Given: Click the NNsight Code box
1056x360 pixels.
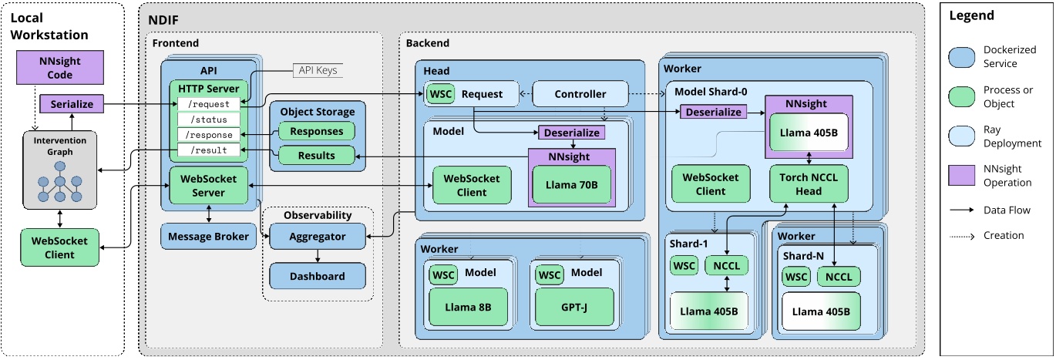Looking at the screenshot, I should (60, 68).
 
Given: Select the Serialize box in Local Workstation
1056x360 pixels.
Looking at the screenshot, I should (72, 104).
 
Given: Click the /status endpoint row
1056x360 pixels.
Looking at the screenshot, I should (208, 119).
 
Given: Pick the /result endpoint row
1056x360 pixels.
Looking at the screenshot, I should (208, 150).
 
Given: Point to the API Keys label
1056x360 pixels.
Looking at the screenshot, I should (317, 71).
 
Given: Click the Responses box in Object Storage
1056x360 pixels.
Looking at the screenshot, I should (316, 131).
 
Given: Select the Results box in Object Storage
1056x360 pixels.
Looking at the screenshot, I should (316, 156).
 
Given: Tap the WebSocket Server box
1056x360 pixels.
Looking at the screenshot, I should (208, 185).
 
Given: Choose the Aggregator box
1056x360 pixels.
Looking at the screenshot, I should (318, 237).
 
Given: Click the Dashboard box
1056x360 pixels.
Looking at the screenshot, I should (318, 276).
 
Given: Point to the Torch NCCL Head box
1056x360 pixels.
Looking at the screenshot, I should (808, 184).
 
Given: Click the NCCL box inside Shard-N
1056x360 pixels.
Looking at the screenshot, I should (839, 276).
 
